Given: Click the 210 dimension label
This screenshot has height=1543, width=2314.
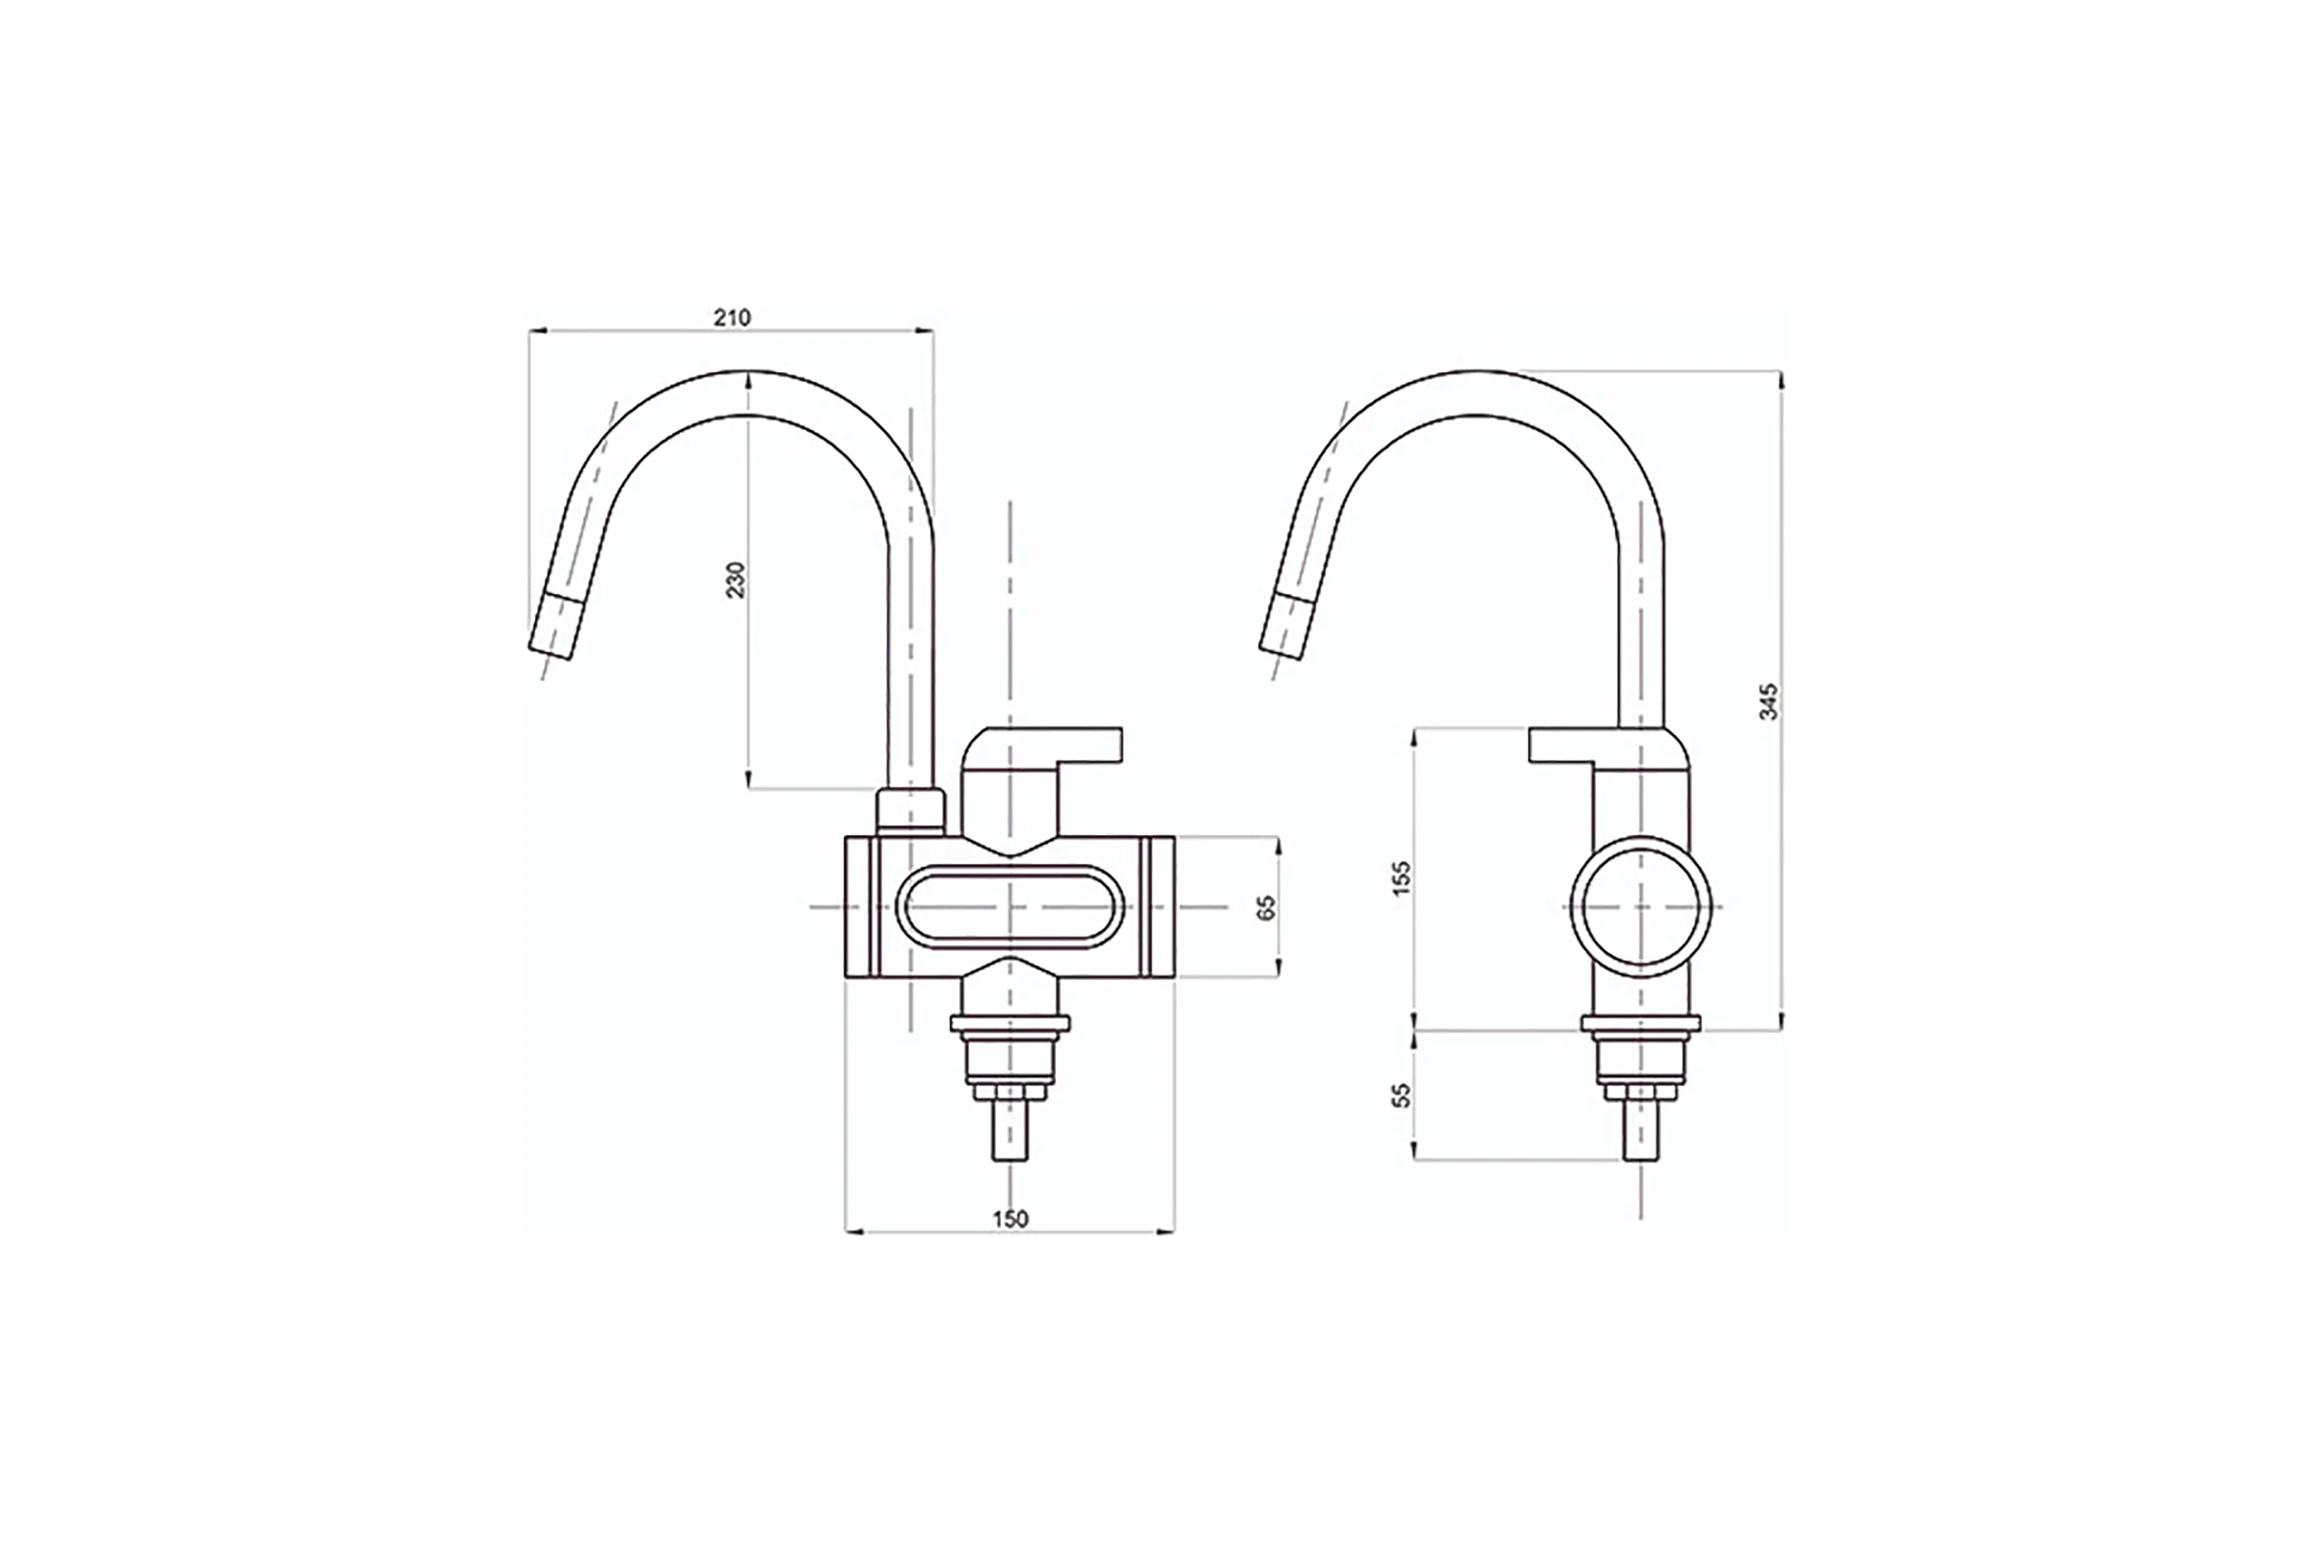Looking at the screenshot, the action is coord(732,318).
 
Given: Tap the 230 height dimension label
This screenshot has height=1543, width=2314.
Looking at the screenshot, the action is coord(737,580).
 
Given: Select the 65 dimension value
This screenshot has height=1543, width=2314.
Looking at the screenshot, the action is coord(1266,907).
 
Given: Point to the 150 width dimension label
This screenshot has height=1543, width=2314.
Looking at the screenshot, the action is coord(1009,1219).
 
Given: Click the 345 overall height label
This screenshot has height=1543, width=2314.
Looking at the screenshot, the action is coord(1768,702).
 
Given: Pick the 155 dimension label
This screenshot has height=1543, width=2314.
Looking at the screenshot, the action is coord(1402,878).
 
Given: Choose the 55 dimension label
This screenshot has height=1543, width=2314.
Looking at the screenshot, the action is coord(1402,1096).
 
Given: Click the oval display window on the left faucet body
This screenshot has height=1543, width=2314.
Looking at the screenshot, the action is coord(1010,907).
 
